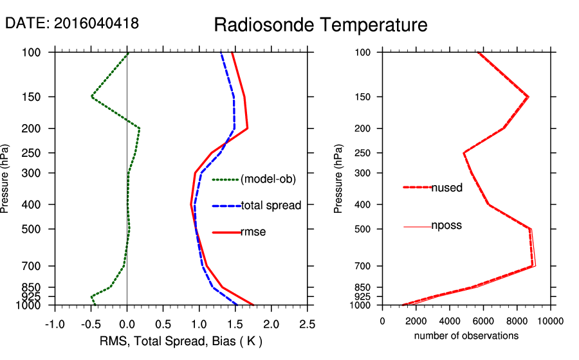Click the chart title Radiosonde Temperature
tap(320, 25)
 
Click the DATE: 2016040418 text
tap(72, 23)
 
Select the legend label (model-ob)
tap(268, 179)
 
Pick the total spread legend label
tap(271, 206)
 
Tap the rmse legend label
tap(253, 232)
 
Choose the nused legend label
tap(446, 188)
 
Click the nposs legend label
tap(446, 226)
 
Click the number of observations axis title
tap(466, 336)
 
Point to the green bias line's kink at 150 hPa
tap(91, 97)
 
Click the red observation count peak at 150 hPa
tap(528, 97)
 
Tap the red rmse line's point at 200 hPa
tap(247, 129)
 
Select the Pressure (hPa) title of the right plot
tap(338, 179)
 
